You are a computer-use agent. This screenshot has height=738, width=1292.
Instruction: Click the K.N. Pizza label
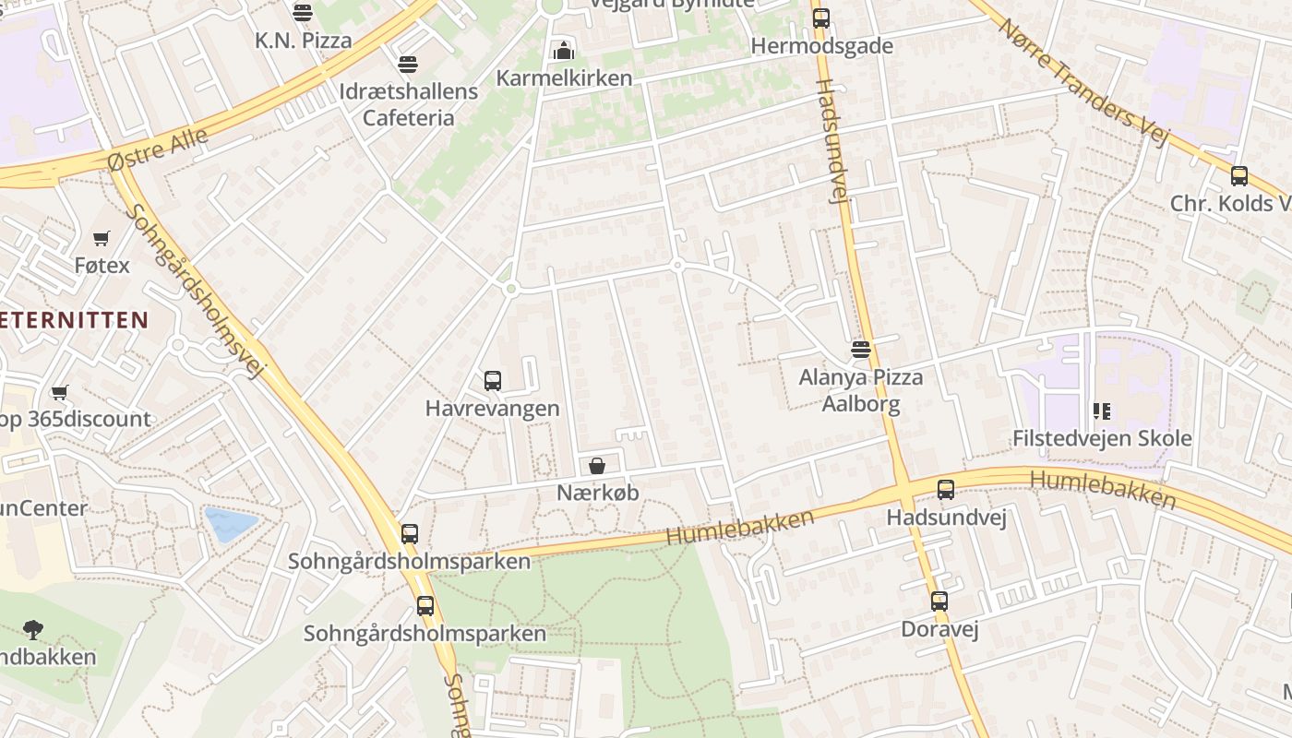[304, 41]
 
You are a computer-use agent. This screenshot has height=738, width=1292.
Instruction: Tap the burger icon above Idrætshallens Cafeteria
[407, 65]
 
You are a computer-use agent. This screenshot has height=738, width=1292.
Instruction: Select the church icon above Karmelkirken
[563, 51]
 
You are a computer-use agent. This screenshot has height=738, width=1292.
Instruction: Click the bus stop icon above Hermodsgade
[820, 18]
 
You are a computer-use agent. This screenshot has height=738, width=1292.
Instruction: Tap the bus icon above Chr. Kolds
[1238, 175]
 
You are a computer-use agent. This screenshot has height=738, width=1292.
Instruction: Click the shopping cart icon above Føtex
[102, 238]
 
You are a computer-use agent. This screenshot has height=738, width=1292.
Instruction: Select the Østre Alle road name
[157, 149]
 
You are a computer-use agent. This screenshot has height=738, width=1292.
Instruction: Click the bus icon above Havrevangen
[493, 380]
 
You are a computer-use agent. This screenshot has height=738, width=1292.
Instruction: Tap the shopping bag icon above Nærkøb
[597, 466]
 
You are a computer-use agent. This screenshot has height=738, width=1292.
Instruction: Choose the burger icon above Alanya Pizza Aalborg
[861, 350]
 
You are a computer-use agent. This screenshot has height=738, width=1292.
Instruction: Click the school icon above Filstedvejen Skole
[1101, 411]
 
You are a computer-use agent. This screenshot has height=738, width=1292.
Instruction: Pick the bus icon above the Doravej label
[939, 601]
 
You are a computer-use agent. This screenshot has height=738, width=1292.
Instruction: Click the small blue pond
[230, 524]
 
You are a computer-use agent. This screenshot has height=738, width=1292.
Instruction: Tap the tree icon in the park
[33, 630]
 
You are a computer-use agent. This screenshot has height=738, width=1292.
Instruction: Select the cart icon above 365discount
[60, 393]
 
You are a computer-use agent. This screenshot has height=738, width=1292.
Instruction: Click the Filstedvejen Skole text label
[1102, 438]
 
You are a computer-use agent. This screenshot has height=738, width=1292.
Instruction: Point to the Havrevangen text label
[492, 409]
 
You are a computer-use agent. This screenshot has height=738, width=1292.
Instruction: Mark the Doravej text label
[939, 629]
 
